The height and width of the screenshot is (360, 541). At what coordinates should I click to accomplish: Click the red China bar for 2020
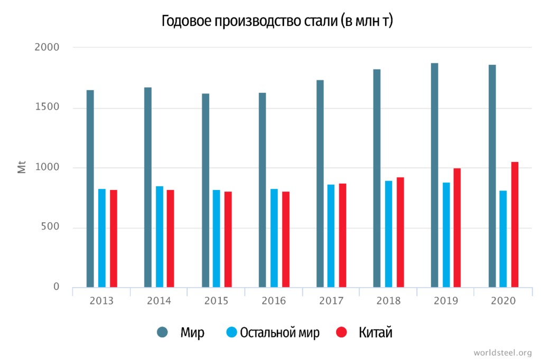click(515, 225)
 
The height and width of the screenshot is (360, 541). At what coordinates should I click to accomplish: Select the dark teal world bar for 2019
click(434, 175)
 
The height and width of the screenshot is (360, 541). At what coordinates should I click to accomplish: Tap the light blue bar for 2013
click(102, 238)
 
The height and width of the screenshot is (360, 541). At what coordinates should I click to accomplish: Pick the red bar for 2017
click(342, 235)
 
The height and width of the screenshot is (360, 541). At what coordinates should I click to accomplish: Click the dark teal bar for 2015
click(206, 191)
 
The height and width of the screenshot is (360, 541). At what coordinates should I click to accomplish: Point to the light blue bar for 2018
click(388, 234)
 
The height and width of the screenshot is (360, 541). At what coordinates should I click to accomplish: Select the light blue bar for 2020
click(503, 239)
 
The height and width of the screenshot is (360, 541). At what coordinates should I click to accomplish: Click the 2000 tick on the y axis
click(47, 48)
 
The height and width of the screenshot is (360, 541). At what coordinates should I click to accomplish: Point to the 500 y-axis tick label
click(51, 228)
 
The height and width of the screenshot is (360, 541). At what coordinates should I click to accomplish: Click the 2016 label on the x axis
click(273, 301)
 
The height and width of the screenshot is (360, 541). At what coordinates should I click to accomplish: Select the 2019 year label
click(445, 301)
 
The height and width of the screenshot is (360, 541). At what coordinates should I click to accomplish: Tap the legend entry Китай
click(376, 333)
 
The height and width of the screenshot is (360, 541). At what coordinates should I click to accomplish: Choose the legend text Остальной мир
click(279, 333)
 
